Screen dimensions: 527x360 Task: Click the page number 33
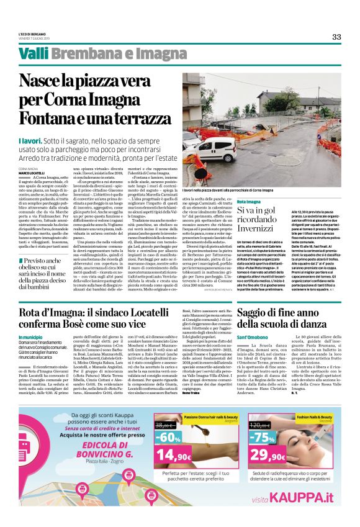[x=336, y=37]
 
